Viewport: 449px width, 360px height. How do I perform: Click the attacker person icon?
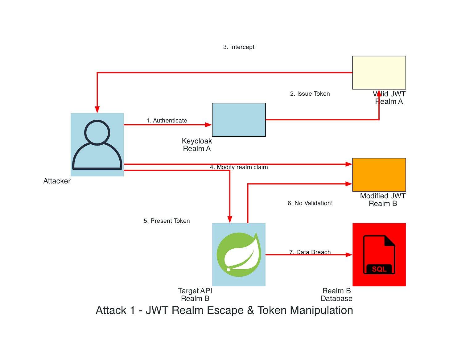point(97,145)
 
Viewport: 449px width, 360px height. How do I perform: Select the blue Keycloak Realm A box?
point(239,120)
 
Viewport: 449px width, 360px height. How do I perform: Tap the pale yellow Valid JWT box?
point(379,72)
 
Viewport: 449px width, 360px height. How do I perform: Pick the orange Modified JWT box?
point(379,175)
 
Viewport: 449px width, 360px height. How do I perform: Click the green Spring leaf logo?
point(239,254)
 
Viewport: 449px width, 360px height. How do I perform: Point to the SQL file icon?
point(379,255)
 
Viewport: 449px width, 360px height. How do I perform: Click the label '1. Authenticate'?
point(167,121)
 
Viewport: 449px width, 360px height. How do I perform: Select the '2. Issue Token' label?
point(310,94)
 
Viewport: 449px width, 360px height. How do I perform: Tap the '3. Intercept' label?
point(239,47)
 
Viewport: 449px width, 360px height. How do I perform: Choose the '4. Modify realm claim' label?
point(239,167)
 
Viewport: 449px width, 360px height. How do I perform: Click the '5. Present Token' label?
point(167,221)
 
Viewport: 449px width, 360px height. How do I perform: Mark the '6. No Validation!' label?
point(310,203)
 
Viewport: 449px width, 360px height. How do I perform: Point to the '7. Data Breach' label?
point(310,252)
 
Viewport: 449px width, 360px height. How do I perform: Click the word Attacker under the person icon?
point(57,181)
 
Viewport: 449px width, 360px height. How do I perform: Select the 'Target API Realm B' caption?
point(195,295)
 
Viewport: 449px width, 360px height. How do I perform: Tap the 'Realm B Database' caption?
point(336,295)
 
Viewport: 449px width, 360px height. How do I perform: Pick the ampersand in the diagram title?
point(250,310)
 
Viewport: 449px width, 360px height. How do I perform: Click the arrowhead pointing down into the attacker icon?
point(97,110)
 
